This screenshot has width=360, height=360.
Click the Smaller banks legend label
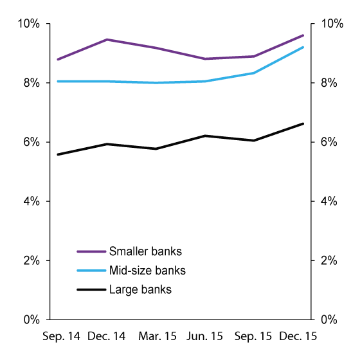[146, 251]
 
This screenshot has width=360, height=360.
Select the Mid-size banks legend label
[147, 271]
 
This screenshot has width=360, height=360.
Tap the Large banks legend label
[140, 290]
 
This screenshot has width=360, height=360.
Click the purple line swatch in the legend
[91, 251]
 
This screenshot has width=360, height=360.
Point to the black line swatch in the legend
[91, 290]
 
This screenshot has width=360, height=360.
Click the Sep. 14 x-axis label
[61, 337]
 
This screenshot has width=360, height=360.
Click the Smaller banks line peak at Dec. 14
[107, 39]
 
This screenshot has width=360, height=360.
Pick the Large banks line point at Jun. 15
[204, 136]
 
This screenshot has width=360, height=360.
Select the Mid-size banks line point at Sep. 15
[254, 73]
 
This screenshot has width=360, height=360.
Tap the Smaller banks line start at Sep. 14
[57, 59]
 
